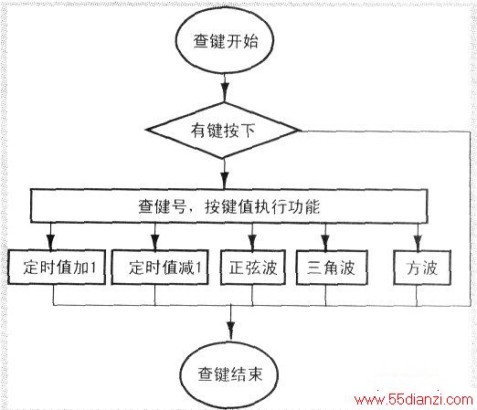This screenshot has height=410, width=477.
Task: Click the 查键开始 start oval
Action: (225, 41)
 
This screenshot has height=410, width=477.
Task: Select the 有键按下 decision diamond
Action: (223, 130)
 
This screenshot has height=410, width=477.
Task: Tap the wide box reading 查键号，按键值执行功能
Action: (228, 206)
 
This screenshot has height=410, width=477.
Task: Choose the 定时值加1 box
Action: (57, 268)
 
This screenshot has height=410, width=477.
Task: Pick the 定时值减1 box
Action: (160, 268)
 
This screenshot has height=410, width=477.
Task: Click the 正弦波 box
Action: (253, 268)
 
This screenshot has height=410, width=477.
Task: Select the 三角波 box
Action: (332, 268)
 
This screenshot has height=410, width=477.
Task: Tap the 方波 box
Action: (422, 268)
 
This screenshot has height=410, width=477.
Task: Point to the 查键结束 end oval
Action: (229, 374)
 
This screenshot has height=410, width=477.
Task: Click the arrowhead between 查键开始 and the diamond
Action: (225, 91)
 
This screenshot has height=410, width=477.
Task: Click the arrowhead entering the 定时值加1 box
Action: (51, 242)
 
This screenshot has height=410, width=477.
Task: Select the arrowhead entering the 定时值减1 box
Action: (155, 242)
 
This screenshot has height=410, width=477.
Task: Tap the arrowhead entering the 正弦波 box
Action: (252, 242)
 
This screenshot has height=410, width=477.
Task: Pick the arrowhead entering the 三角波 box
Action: (325, 242)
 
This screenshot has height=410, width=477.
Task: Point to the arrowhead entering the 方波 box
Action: (418, 242)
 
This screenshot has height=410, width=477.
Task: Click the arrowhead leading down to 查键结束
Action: (231, 329)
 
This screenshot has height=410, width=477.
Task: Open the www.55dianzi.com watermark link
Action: (413, 399)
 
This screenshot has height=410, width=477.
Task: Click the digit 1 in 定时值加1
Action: (93, 268)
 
